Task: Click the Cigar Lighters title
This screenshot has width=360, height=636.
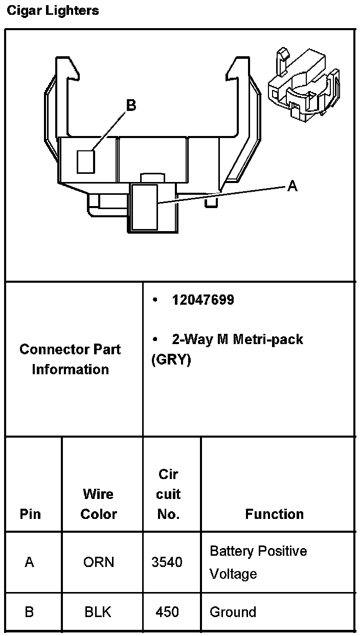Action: tap(53, 10)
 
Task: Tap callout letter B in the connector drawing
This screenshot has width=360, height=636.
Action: tap(131, 105)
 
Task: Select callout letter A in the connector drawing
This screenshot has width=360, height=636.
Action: tap(292, 186)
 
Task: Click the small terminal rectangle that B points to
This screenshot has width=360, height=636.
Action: tap(86, 162)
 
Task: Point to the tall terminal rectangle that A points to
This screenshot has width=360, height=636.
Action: tap(145, 207)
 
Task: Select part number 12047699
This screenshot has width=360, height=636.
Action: tap(203, 300)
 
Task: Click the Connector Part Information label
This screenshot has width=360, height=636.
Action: tap(70, 359)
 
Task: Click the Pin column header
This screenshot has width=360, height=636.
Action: tap(30, 514)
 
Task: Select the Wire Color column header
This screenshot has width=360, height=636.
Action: tap(99, 504)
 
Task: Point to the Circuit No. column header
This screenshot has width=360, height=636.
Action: tap(168, 494)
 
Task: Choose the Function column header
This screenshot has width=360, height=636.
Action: tap(274, 514)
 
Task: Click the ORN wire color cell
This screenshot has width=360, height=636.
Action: tap(99, 562)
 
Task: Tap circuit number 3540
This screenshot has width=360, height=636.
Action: tap(167, 562)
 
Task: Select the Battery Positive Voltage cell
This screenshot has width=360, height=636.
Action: tap(258, 562)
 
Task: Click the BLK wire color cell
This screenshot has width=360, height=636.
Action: tap(98, 612)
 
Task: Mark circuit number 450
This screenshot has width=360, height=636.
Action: tap(167, 612)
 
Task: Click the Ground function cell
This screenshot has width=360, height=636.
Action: tap(233, 612)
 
